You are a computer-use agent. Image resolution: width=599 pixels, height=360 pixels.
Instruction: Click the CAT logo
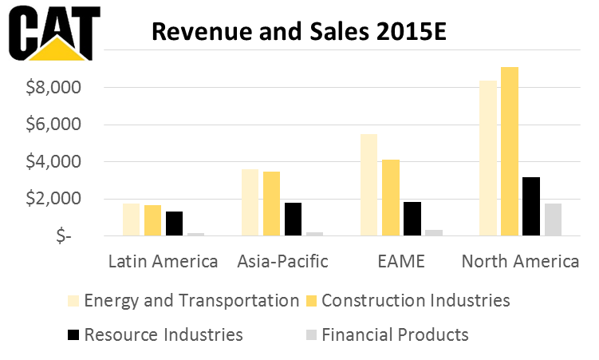(54, 34)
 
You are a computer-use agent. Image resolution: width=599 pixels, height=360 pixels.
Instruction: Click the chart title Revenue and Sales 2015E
(299, 31)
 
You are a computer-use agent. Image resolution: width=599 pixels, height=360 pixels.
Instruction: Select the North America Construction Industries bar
(510, 152)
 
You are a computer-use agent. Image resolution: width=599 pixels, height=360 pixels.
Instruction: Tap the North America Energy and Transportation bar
(488, 158)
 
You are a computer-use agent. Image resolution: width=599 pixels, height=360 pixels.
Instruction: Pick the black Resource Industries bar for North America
(531, 207)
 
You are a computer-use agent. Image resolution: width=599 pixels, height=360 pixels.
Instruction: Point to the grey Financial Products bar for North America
(553, 220)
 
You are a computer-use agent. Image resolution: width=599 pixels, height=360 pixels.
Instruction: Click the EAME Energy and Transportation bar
(369, 185)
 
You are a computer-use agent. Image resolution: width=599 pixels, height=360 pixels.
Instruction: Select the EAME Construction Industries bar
(391, 198)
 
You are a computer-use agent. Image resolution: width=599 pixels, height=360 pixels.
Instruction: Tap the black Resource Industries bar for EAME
(412, 219)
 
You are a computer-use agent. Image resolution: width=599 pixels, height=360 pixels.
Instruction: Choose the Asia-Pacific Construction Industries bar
(272, 204)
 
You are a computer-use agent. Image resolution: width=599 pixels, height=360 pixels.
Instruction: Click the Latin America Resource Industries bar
(174, 224)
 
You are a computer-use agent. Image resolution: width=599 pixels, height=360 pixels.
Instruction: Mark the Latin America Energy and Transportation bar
(131, 220)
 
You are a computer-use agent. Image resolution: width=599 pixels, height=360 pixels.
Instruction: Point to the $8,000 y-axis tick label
(53, 88)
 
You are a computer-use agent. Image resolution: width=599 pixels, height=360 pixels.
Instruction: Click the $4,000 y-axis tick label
(53, 162)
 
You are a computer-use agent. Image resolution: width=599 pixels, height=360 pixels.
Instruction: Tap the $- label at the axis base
(64, 236)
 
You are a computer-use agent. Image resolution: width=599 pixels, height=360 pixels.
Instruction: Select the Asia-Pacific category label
(282, 261)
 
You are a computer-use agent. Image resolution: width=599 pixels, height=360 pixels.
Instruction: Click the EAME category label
(401, 261)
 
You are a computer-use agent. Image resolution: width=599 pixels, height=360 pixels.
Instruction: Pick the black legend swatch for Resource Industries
(73, 334)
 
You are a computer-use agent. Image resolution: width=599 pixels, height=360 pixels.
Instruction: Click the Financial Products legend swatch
(312, 334)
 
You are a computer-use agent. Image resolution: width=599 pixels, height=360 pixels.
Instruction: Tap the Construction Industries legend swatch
(312, 301)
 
